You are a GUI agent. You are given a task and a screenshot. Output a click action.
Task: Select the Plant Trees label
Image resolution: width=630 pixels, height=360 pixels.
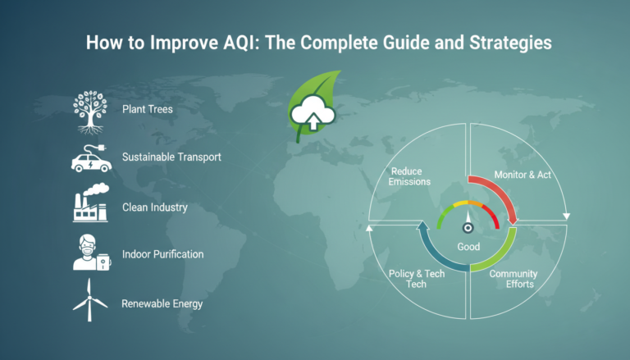click(148, 109)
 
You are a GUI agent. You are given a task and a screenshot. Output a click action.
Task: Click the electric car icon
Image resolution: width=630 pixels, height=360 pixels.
click(90, 157)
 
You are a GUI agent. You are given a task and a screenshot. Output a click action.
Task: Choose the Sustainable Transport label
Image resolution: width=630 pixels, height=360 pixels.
click(171, 156)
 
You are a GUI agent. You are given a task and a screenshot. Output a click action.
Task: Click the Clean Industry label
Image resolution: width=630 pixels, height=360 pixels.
click(154, 207)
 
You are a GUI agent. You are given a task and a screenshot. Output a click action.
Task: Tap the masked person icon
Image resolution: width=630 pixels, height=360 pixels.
click(90, 253)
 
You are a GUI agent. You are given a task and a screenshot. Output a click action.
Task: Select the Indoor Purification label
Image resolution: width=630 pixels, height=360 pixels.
click(162, 254)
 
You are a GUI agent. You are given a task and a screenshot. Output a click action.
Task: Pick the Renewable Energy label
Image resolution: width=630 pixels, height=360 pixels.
click(162, 303)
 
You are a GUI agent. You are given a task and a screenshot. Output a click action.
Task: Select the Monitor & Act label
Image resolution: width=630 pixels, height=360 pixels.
click(523, 175)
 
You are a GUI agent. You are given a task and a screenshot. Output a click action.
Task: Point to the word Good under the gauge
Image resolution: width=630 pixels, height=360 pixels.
click(468, 247)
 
